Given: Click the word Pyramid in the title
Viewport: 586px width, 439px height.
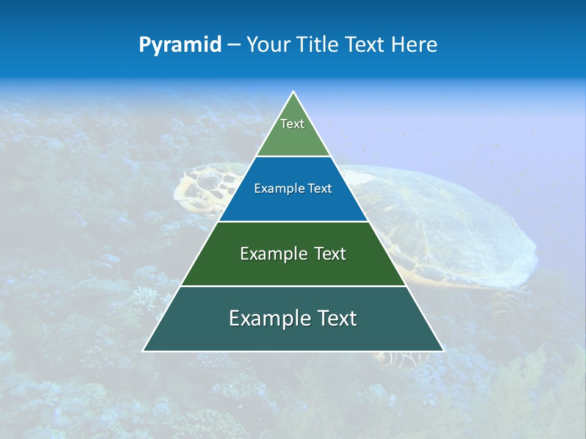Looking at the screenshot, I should tap(180, 45).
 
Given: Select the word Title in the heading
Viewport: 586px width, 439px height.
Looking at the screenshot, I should tap(320, 45).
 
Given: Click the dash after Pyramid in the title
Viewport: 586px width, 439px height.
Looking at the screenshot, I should tap(234, 45).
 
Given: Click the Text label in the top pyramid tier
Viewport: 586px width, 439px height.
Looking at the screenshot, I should tap(292, 124).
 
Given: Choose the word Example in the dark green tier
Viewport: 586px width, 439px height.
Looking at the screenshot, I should tap(267, 254).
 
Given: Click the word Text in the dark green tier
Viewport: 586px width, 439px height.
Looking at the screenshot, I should tap(330, 254).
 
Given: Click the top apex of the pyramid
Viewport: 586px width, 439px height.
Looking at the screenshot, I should tap(294, 92).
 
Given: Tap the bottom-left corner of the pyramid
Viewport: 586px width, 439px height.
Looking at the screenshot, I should tap(143, 351).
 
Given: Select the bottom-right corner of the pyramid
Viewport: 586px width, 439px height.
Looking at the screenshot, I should tap(443, 351).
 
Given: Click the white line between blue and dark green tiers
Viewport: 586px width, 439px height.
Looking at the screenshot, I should tap(293, 221).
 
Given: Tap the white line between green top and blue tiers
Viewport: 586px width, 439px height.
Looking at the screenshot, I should tap(293, 157).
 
